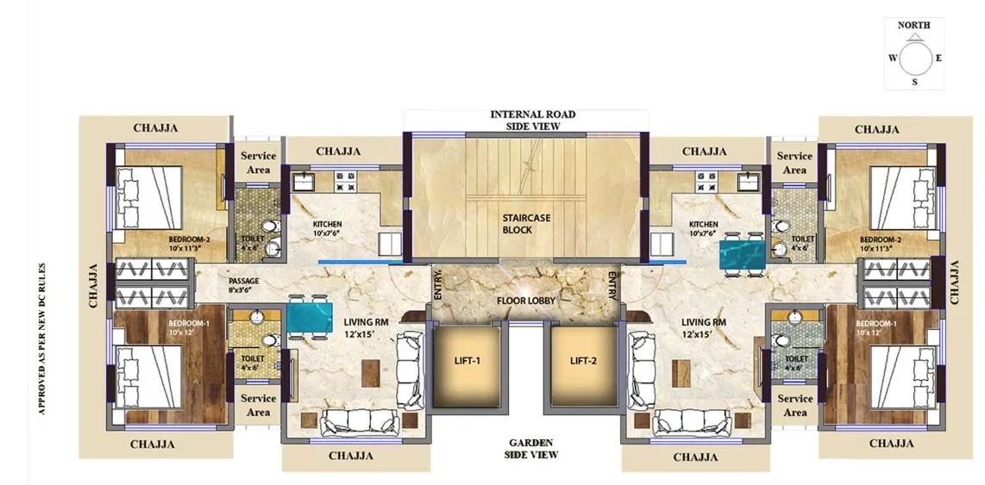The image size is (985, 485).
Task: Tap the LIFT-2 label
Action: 583,361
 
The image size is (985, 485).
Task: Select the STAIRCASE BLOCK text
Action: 526,224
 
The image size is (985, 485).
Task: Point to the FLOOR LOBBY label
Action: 525,301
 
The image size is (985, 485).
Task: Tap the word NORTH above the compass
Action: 913,26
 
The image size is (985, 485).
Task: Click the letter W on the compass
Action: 892,59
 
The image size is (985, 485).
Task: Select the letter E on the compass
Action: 938,59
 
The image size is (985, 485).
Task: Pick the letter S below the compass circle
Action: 914,83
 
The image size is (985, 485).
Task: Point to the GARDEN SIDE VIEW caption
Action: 531,448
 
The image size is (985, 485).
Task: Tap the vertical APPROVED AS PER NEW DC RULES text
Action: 41,339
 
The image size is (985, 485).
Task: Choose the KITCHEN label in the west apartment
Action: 328,227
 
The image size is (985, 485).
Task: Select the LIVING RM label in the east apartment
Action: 704,328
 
